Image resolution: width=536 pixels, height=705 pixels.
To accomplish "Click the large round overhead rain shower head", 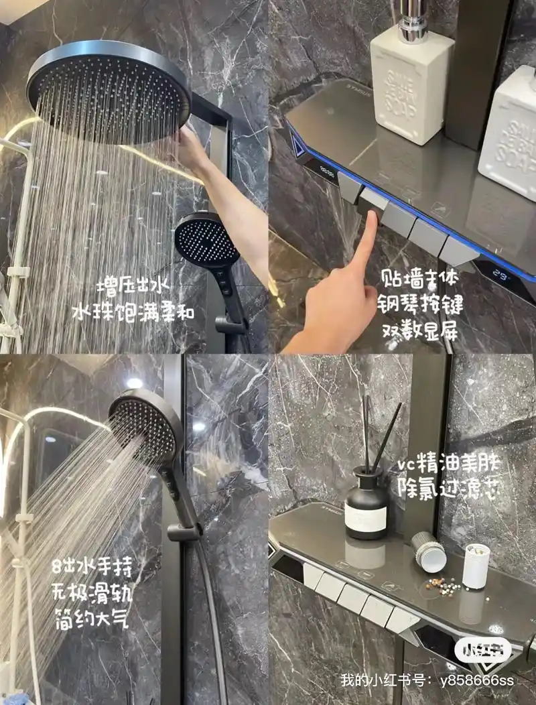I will point(107,94).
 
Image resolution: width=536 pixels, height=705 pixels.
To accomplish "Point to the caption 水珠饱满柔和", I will point(123,313).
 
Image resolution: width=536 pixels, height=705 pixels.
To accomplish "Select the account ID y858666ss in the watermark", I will point(476,680).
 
